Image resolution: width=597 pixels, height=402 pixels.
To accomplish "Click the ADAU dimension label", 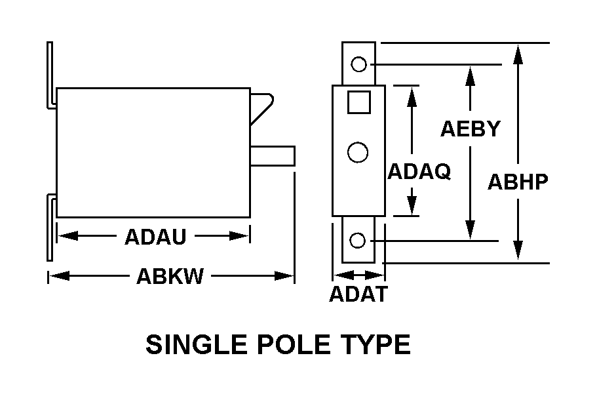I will click(x=155, y=237).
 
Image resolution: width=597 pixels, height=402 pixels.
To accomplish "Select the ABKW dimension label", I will click(x=170, y=277).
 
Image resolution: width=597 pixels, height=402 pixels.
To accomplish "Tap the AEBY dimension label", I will click(x=470, y=129).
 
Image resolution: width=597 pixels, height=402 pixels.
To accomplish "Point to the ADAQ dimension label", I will click(x=419, y=172).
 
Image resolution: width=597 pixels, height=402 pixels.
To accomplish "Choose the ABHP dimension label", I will click(x=518, y=182).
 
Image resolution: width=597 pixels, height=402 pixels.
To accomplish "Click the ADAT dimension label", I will click(x=358, y=295).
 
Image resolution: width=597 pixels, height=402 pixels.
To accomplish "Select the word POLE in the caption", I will click(x=292, y=344).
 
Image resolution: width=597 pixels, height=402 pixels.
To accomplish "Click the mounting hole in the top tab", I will click(x=358, y=64).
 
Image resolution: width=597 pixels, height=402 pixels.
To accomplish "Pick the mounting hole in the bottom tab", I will click(x=357, y=241).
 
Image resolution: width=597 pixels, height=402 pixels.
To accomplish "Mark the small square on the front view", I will click(x=358, y=102).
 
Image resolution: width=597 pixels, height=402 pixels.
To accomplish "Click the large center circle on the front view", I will click(x=357, y=152).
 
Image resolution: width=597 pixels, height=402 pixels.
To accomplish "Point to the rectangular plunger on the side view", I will click(x=273, y=156).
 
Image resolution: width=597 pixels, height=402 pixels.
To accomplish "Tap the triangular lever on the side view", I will click(x=261, y=105).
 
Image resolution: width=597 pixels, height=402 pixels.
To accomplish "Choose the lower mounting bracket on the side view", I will click(x=50, y=230).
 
